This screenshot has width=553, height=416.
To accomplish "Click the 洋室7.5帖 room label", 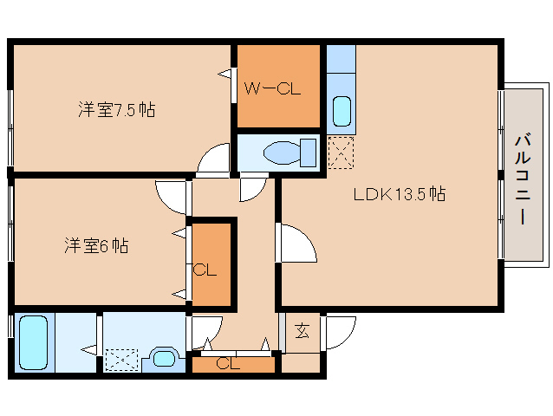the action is point(116,110).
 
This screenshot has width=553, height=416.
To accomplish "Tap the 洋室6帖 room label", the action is point(96,245).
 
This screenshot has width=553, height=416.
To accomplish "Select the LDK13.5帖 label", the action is point(400,194).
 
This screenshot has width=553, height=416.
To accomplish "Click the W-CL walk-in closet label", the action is point(273,88).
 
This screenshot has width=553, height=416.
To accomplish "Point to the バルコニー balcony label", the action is point(523,179).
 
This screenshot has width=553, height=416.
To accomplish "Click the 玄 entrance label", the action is point(303,331).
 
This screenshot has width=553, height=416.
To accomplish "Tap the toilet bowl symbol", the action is point(290,153).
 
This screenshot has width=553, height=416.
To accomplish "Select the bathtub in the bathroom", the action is point(33,342).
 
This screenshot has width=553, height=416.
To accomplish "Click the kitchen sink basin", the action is point(342,111).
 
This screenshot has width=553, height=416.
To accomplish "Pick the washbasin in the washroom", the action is point(164,358).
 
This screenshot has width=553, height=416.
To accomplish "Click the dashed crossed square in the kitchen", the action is point(341,153).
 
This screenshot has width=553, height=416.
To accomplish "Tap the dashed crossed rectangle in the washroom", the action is point(121,360).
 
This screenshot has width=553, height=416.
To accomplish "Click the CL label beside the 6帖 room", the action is point(205,270).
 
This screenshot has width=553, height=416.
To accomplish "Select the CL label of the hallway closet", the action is point(228,363).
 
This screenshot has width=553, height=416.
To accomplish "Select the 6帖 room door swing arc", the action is point(165,202).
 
